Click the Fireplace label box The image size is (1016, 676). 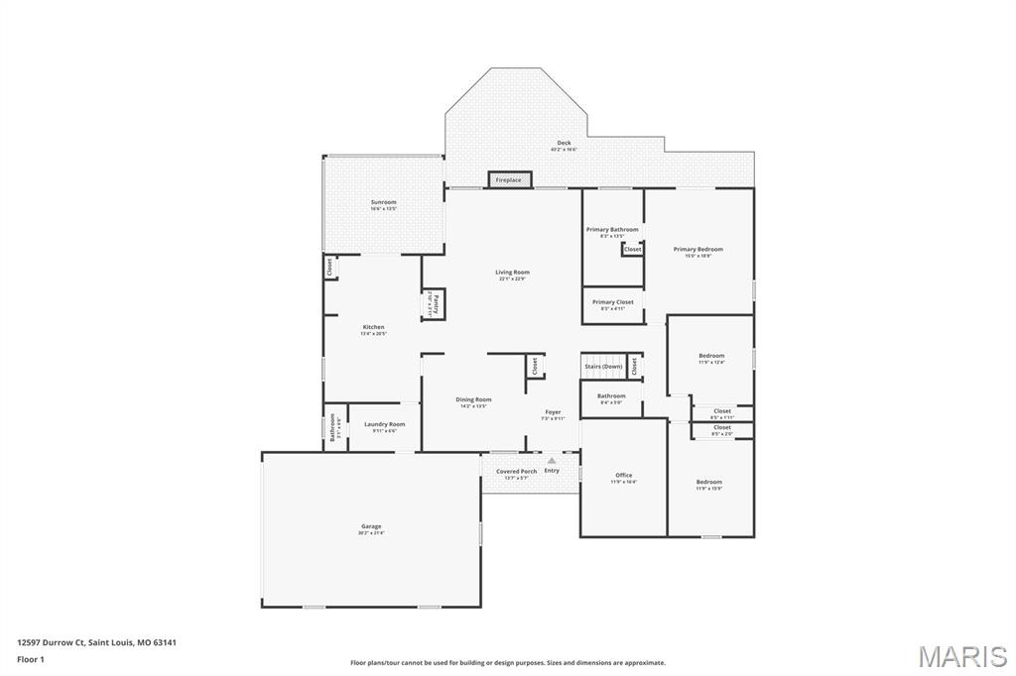pos(509,179)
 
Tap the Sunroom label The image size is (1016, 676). pos(383,202)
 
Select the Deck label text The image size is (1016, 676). pos(564,143)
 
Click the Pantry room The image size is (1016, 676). pos(434,303)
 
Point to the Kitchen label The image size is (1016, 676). pos(373,327)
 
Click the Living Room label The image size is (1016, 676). pos(512,273)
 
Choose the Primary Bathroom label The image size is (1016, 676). pos(612,230)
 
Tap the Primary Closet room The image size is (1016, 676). pos(612,304)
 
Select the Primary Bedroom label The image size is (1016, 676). pos(698,250)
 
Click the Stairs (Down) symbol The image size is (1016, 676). pos(603,366)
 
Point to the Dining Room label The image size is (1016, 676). pos(473,399)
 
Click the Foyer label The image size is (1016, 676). pos(553,412)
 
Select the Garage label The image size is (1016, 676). pos(371,526)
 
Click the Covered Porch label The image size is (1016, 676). pos(517,472)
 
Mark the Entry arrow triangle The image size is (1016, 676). pos(551,460)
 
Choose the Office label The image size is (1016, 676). pos(623,475)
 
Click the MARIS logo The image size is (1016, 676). pos(961,656)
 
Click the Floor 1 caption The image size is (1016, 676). pos(30,659)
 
